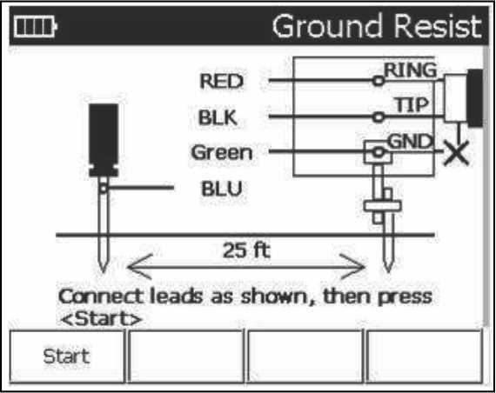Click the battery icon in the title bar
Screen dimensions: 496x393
click(35, 27)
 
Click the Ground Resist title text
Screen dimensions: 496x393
click(377, 27)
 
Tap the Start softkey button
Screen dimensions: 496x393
click(67, 356)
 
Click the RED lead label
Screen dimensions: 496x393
click(221, 81)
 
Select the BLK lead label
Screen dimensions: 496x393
click(218, 117)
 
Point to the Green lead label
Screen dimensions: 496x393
click(221, 152)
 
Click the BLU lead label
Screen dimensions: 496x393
click(222, 189)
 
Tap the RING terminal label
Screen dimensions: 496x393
click(410, 70)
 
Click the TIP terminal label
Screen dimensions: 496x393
click(412, 104)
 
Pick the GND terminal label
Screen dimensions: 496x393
click(410, 142)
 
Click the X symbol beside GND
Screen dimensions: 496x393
click(456, 153)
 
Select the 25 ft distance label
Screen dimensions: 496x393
click(247, 250)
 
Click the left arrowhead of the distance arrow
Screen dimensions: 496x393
click(139, 267)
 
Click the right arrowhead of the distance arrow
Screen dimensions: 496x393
click(353, 267)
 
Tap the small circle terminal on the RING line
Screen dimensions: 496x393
click(379, 81)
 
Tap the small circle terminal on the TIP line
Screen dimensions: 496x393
click(379, 117)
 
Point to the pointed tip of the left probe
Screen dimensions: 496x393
click(103, 271)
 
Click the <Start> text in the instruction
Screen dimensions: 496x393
click(101, 319)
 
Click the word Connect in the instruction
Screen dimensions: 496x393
click(101, 296)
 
